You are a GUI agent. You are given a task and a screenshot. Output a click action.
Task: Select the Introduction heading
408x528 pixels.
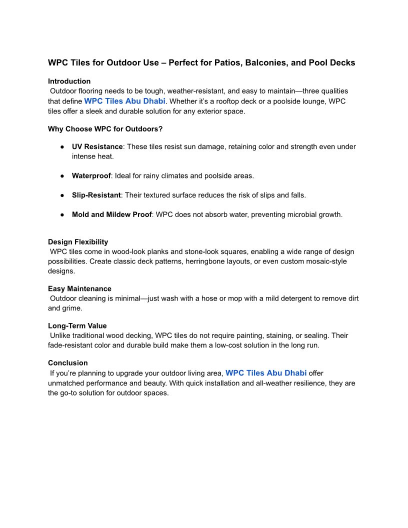point(69,81)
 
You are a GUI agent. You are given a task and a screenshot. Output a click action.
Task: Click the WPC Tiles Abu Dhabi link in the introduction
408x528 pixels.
point(124,101)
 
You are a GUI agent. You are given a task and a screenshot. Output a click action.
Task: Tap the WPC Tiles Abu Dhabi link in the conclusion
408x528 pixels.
point(266,373)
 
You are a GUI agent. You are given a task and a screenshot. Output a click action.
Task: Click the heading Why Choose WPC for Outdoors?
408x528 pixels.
point(105,129)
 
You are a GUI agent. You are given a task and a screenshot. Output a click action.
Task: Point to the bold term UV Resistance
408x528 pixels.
point(97,146)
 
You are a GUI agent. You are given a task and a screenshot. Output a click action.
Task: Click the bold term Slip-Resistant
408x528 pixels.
point(96,195)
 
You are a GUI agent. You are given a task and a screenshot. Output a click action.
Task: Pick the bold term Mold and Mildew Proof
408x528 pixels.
point(111,214)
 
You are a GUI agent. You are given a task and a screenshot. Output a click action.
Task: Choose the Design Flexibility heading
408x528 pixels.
point(78,242)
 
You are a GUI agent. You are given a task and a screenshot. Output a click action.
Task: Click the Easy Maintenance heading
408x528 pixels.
point(79,289)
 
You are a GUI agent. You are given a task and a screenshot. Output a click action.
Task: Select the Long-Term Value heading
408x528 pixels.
point(77,326)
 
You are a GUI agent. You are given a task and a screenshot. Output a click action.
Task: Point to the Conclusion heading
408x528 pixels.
point(67,363)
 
